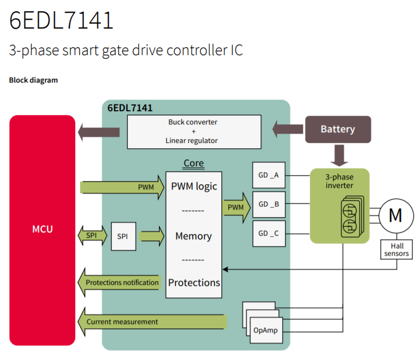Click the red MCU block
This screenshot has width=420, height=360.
(x=42, y=230)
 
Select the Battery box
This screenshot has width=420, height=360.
(x=338, y=129)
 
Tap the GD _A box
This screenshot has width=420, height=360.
(x=269, y=175)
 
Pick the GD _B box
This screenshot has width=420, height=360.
(x=269, y=204)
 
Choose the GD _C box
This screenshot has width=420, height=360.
(x=269, y=233)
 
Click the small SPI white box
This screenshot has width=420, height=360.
(x=123, y=236)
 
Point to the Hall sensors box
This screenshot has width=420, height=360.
(x=396, y=249)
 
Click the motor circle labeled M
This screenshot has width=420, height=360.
(x=396, y=215)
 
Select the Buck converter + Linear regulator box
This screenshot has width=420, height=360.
(x=194, y=132)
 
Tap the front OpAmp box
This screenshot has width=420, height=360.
(x=266, y=330)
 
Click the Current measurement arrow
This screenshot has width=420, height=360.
(x=152, y=322)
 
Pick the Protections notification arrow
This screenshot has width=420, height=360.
(x=119, y=282)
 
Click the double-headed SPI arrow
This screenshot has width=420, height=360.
(x=92, y=236)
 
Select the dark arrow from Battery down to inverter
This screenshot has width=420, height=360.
(x=339, y=156)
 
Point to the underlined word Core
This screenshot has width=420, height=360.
(x=194, y=163)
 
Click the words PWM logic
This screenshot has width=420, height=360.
(x=194, y=186)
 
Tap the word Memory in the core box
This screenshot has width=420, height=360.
(x=193, y=236)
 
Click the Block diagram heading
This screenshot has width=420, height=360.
(x=33, y=80)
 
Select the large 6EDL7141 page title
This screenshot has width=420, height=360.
(x=61, y=20)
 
